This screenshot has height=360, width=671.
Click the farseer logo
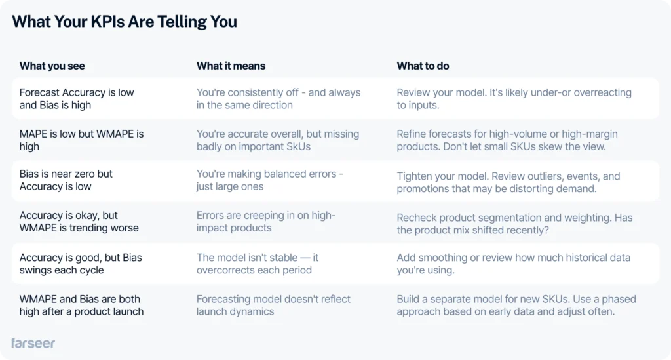tap(33, 344)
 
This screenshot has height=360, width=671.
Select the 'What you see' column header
tap(52, 66)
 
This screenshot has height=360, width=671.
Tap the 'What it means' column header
tap(231, 66)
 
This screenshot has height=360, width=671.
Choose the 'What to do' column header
tap(423, 66)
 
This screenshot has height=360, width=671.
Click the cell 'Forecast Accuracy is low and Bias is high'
tap(77, 99)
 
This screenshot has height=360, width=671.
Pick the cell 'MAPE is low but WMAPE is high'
tap(81, 140)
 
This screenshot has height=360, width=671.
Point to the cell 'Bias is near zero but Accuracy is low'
tap(66, 180)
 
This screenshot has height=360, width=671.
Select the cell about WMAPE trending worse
tap(79, 222)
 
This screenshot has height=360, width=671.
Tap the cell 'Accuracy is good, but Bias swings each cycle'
tap(81, 264)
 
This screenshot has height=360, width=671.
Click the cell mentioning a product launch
tap(81, 305)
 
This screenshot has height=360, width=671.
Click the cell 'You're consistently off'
tap(278, 99)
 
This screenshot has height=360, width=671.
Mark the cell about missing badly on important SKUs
tap(278, 140)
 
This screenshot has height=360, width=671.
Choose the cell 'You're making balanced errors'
tap(269, 180)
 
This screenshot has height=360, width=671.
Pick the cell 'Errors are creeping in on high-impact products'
tap(266, 222)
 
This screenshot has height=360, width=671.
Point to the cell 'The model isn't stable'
tap(258, 264)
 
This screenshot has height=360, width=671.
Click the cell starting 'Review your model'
tap(514, 99)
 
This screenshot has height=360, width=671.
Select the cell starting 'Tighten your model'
tap(508, 182)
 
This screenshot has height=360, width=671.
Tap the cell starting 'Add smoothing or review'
tap(514, 264)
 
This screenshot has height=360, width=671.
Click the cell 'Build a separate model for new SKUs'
tap(516, 305)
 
